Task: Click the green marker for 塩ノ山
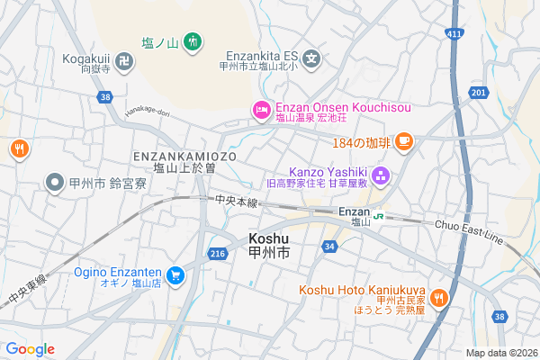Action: point(192,41)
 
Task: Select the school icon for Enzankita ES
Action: point(311,59)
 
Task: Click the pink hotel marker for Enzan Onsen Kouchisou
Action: point(261,110)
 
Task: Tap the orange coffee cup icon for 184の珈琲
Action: point(404,141)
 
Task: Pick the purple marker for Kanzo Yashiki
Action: point(380,175)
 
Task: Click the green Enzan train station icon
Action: point(381,216)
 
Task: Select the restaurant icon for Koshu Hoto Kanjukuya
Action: point(439,296)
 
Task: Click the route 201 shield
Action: point(478,92)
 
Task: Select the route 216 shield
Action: point(217,255)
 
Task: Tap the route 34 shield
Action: point(330,246)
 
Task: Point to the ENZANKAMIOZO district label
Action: point(185,156)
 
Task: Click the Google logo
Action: point(30,349)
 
